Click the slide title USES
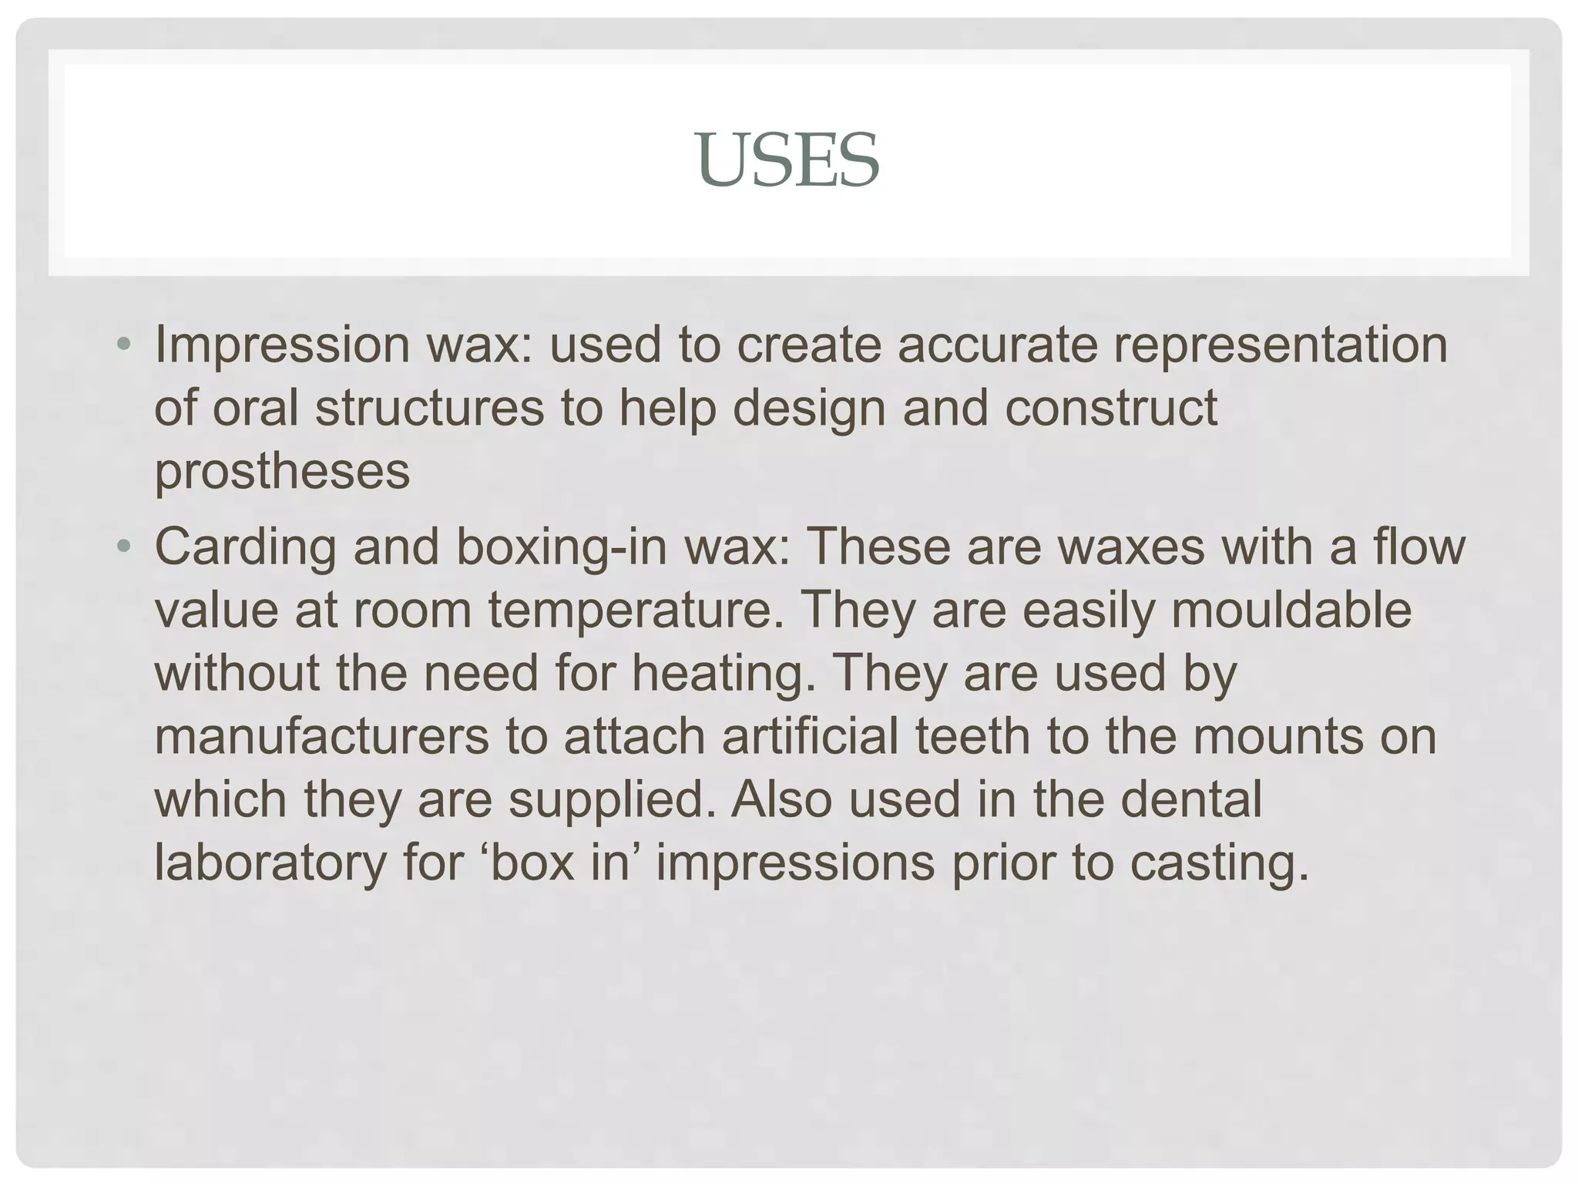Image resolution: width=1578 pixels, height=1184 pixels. pos(787,160)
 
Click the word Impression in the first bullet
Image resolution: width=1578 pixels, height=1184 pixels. pos(282,345)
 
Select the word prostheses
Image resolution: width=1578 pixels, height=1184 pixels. pos(282,471)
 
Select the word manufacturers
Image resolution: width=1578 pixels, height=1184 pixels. pos(321,736)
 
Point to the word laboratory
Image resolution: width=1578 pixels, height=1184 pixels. pos(270,863)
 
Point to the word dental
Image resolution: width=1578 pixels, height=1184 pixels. pos(1190,799)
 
